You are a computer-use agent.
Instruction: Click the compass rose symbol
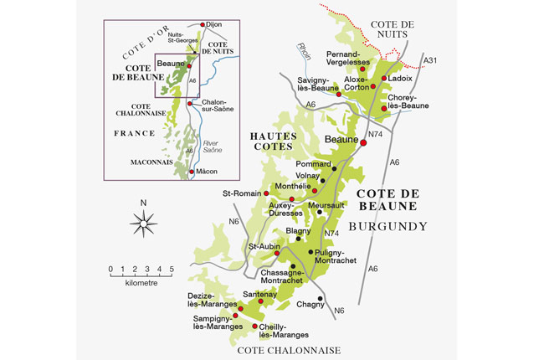coord(144,222)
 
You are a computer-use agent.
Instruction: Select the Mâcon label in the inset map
coord(207,172)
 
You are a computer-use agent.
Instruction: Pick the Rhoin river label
coord(303,50)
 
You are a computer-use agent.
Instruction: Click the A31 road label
coord(430,61)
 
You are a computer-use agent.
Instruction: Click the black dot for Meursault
coord(319,213)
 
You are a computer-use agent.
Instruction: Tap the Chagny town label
coord(310,305)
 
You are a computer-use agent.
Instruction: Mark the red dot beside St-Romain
coord(266,194)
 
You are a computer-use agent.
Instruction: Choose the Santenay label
coord(259,294)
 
